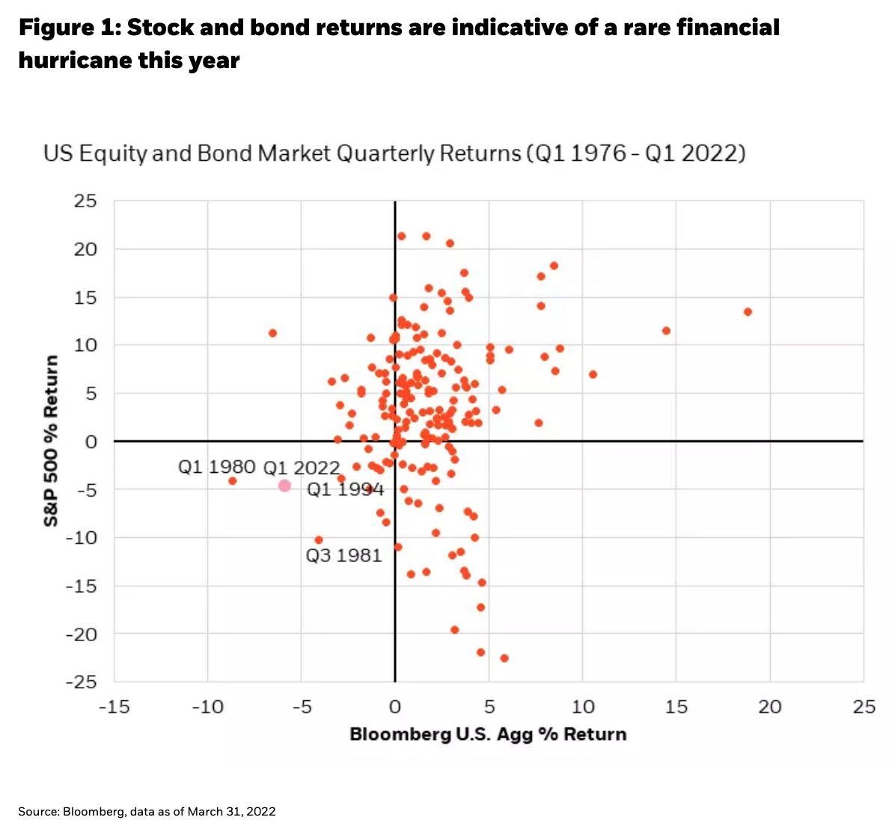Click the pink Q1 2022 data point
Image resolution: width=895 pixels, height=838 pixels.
click(x=284, y=486)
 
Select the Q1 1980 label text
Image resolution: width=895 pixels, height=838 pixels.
click(x=216, y=467)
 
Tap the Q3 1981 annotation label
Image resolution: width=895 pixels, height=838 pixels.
click(x=343, y=555)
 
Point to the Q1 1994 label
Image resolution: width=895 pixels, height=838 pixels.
click(x=345, y=489)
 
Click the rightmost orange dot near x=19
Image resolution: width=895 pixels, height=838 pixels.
click(x=748, y=312)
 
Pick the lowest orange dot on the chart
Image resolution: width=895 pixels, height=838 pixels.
click(x=504, y=658)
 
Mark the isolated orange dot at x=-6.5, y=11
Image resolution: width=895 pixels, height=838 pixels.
click(x=272, y=333)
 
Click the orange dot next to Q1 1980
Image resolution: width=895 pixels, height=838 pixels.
click(x=232, y=480)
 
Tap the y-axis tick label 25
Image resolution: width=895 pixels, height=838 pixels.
click(x=85, y=201)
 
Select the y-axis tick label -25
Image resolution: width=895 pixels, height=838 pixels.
click(x=82, y=682)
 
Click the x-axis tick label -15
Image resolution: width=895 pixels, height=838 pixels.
click(x=114, y=707)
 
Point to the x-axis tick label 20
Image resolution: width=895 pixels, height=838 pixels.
click(x=770, y=707)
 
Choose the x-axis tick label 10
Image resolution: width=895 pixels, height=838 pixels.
click(x=583, y=707)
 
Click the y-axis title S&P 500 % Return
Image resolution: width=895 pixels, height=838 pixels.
click(x=51, y=441)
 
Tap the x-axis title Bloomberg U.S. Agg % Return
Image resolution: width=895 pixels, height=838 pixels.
click(x=488, y=734)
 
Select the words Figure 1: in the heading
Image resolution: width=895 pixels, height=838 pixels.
click(x=69, y=28)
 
